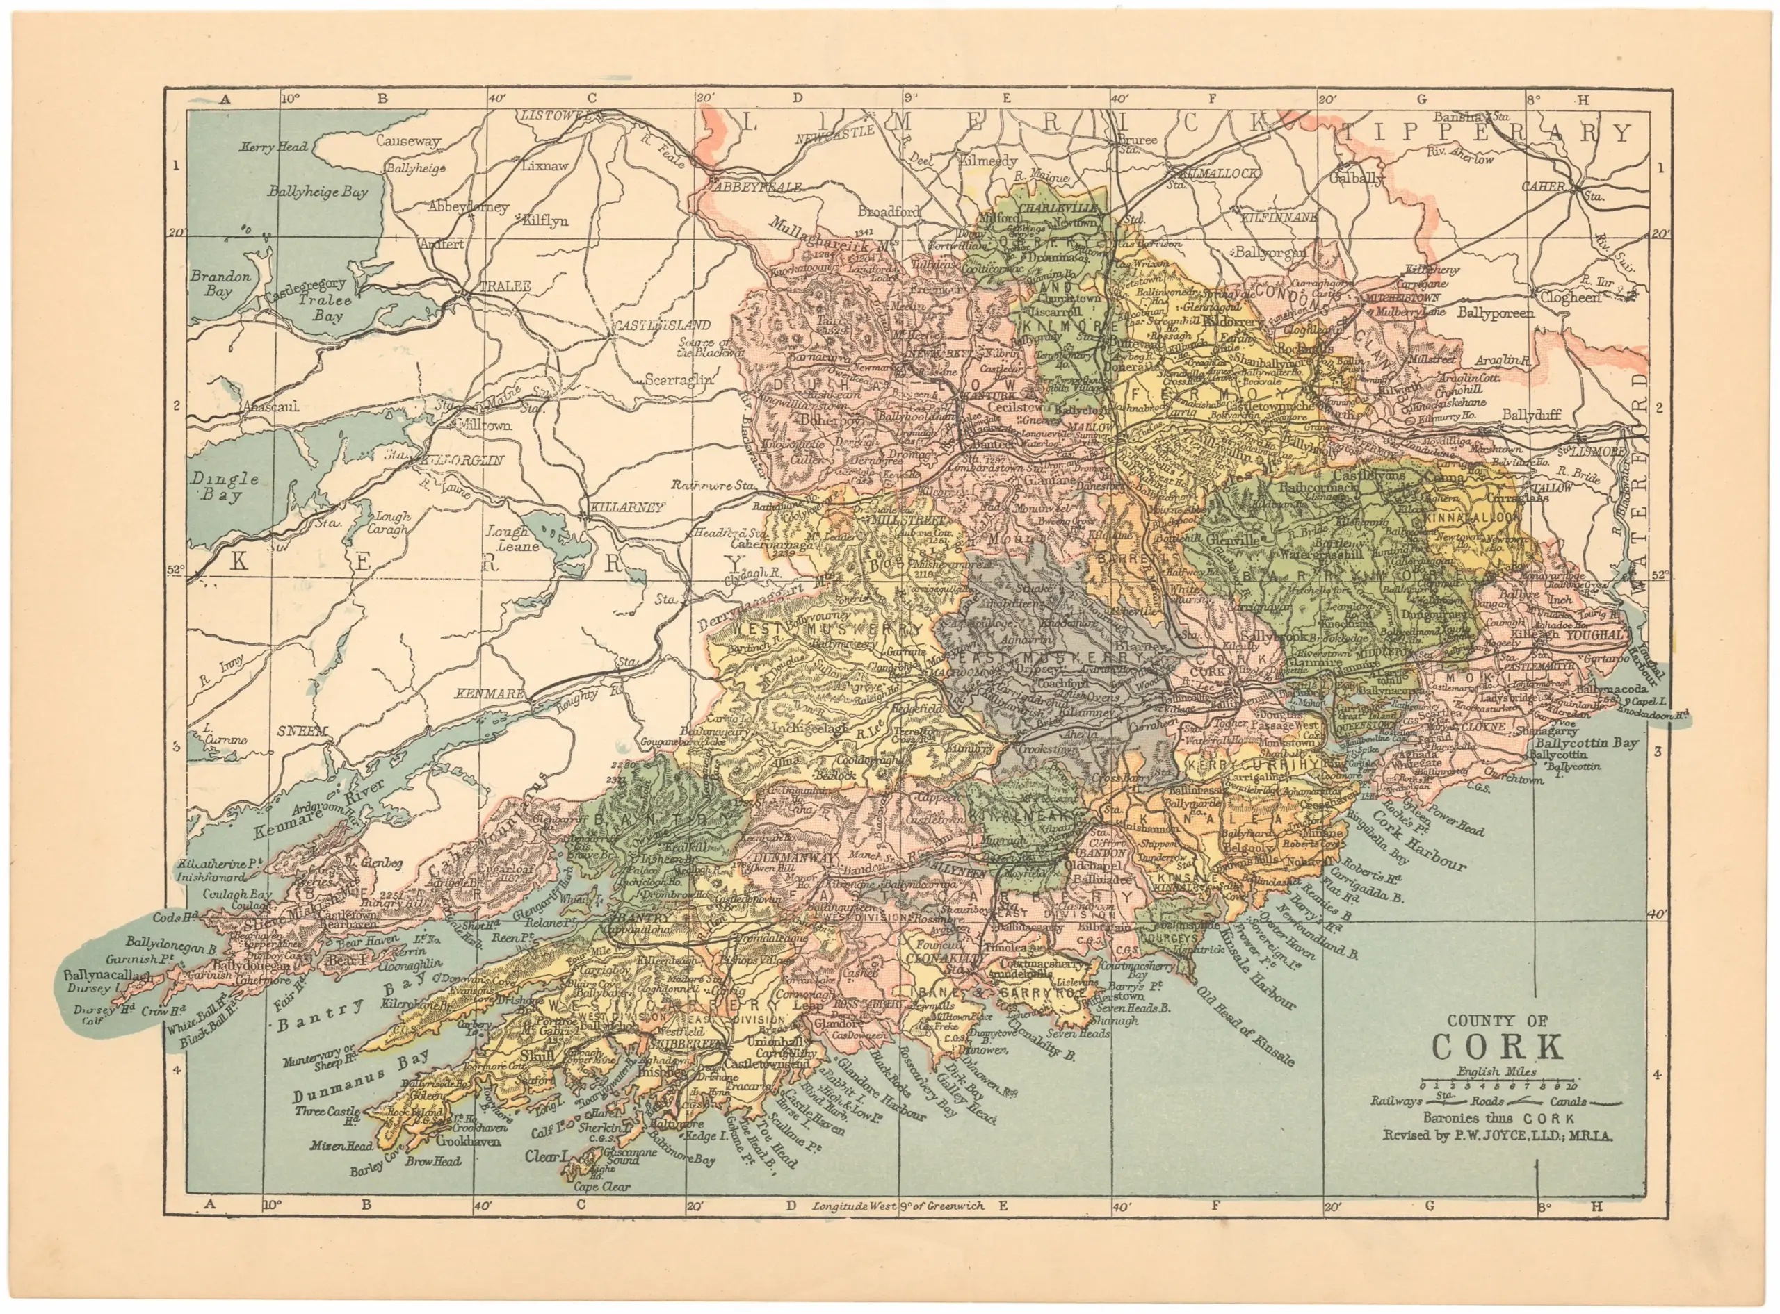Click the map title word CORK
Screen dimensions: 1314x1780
pyautogui.click(x=1497, y=1046)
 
